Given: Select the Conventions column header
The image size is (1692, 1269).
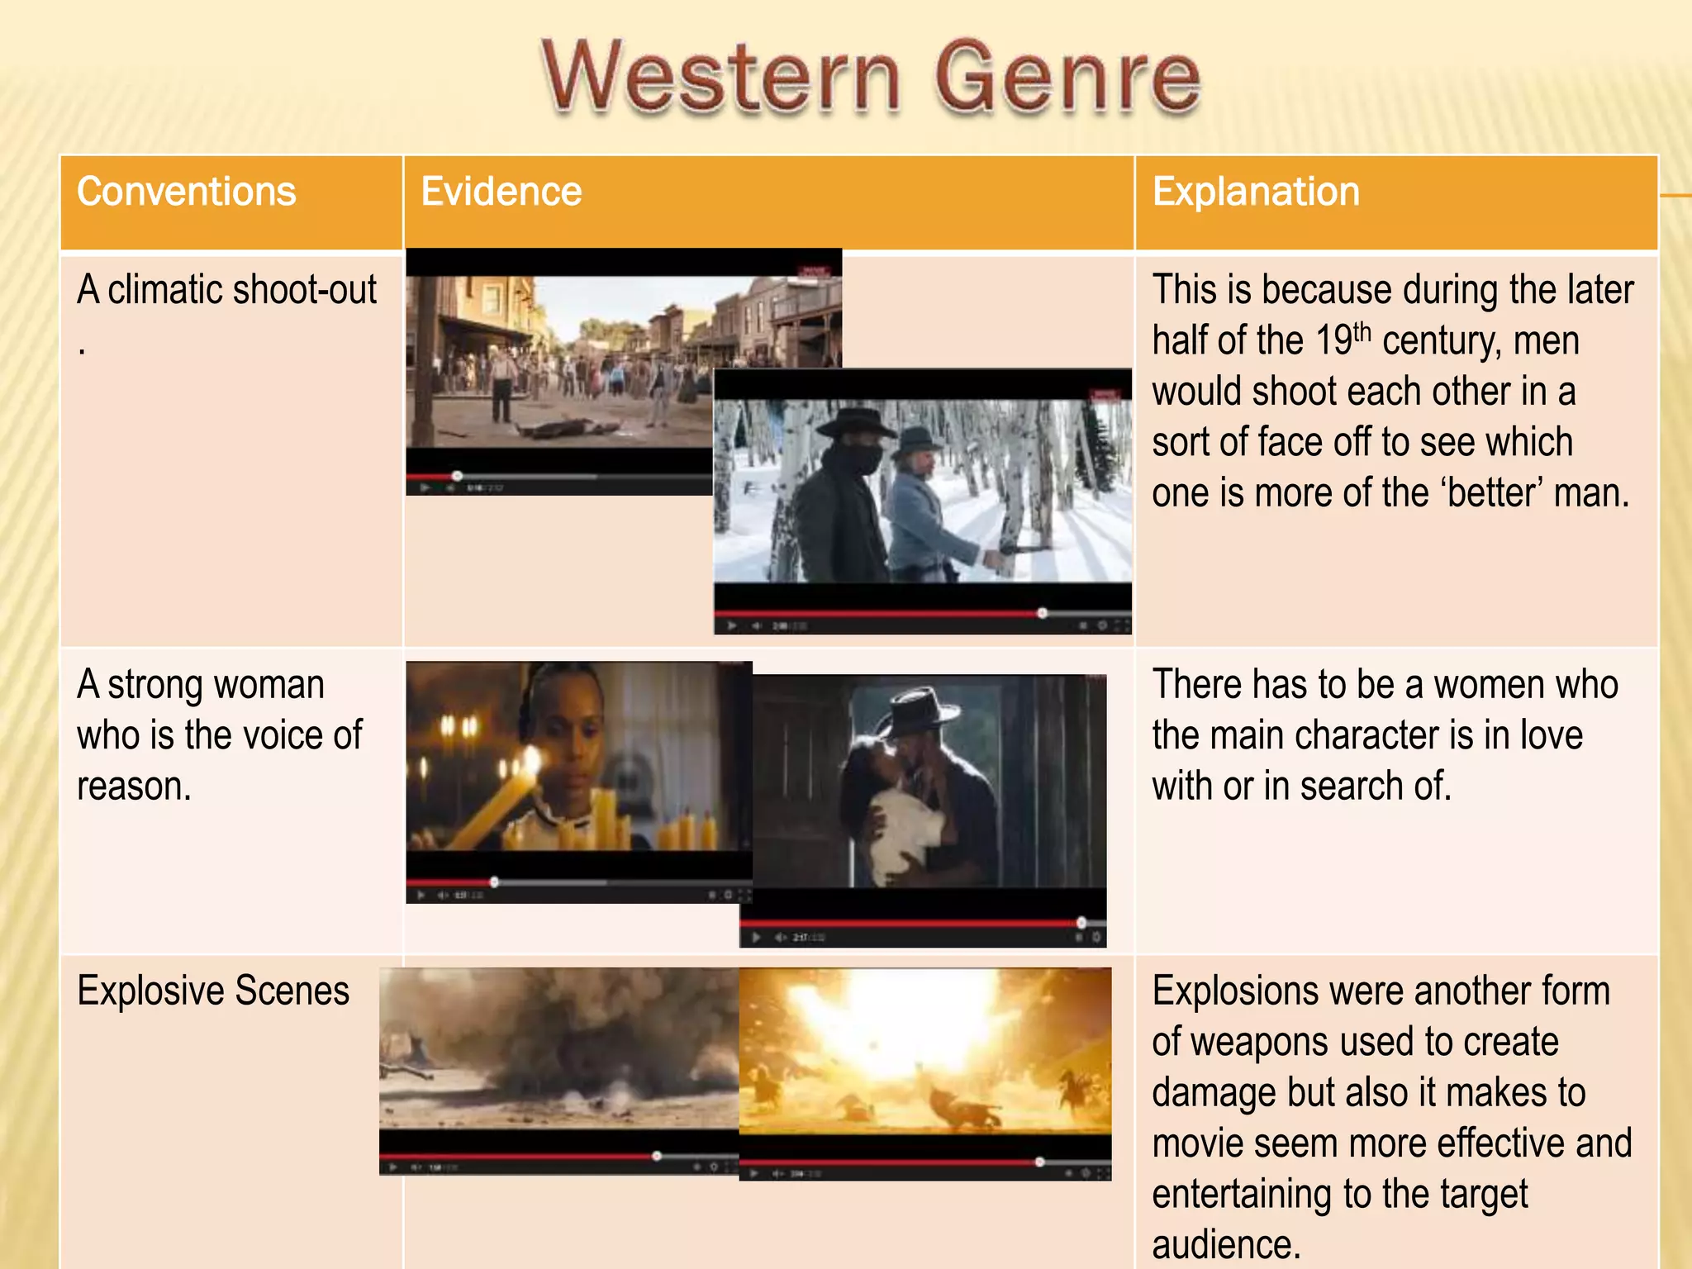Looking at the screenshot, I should [x=187, y=192].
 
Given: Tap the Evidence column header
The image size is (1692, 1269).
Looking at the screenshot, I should [x=501, y=192].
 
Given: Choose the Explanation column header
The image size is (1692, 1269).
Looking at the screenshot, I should [x=1256, y=192].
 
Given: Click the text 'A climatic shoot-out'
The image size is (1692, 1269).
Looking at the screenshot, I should [x=226, y=290].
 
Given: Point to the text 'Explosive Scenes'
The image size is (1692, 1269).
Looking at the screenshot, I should [x=213, y=991].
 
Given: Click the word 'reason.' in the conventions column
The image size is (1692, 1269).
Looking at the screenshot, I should [x=134, y=786].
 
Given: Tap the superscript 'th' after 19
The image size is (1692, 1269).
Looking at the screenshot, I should [x=1362, y=332].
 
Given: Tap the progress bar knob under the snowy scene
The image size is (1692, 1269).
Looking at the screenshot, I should [x=1043, y=613].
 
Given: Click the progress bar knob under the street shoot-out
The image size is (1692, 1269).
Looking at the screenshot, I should [x=457, y=476].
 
